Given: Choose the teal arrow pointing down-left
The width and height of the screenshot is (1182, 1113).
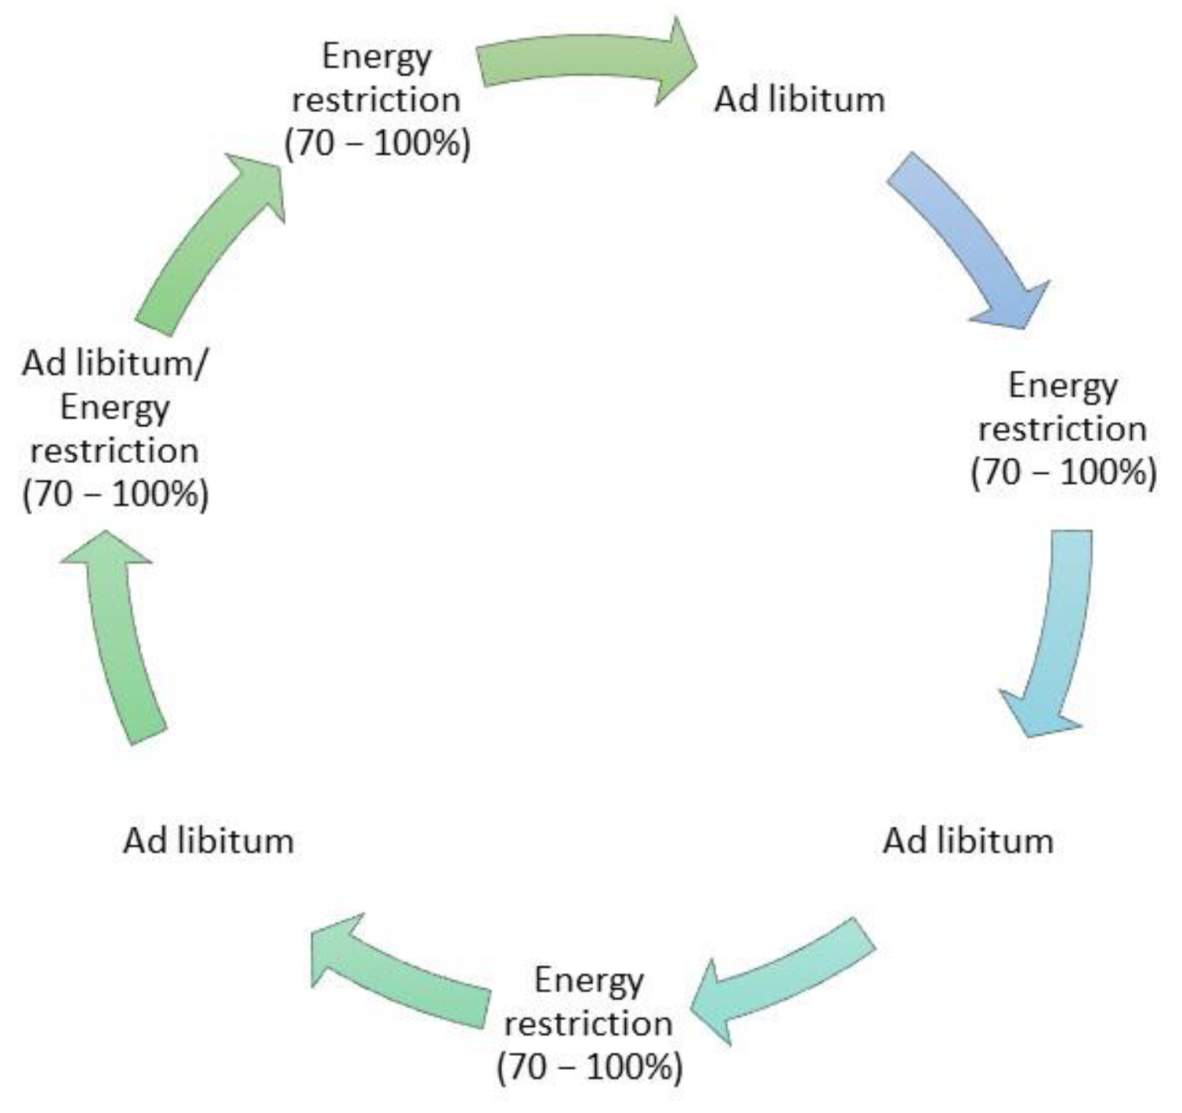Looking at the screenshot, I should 783,979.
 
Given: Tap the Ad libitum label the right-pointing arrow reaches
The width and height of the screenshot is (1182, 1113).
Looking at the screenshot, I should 799,100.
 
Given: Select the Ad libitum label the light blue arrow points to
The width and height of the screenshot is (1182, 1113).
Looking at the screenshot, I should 968,840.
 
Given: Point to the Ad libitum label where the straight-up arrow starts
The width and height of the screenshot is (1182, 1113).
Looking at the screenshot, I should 208,840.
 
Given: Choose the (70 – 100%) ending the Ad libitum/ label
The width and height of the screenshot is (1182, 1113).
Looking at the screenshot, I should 116,495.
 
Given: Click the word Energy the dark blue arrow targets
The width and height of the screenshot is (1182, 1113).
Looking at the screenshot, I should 1062,386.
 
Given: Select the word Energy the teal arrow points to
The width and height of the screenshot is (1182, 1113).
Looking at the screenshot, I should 588,981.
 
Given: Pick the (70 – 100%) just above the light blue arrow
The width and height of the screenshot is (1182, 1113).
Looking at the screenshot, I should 1064,472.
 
